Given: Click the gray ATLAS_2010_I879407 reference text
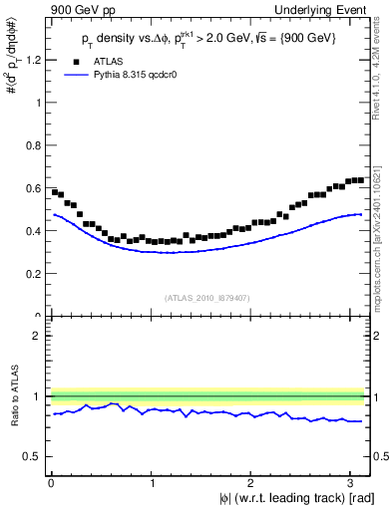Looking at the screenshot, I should (207, 296).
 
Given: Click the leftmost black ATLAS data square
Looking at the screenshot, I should (54, 191).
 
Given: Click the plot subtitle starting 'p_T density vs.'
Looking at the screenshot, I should (209, 40).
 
